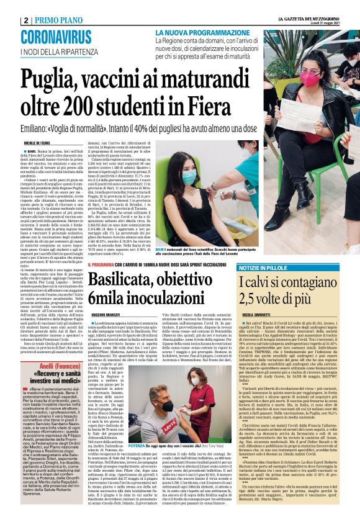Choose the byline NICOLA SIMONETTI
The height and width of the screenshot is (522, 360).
(258, 317)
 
